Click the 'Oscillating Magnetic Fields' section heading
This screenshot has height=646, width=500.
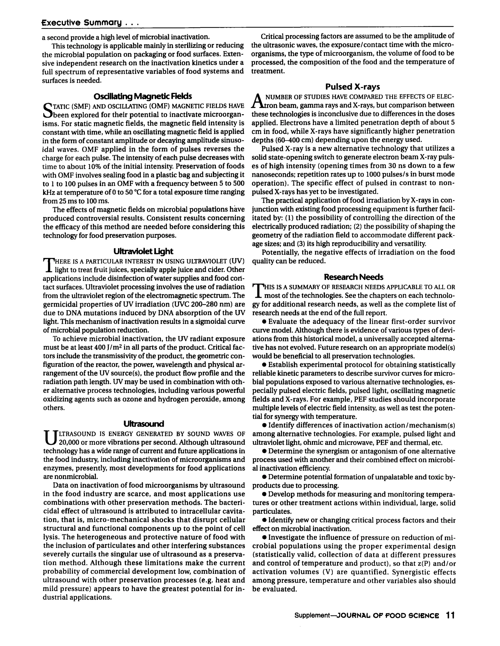(x=143, y=97)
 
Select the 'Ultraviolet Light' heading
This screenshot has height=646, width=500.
(x=143, y=251)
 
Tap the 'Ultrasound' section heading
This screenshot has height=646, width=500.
(x=143, y=424)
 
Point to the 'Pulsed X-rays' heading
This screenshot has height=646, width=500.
(x=353, y=87)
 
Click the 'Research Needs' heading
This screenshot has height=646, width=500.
(x=353, y=277)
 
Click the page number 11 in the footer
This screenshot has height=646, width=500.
(x=450, y=616)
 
